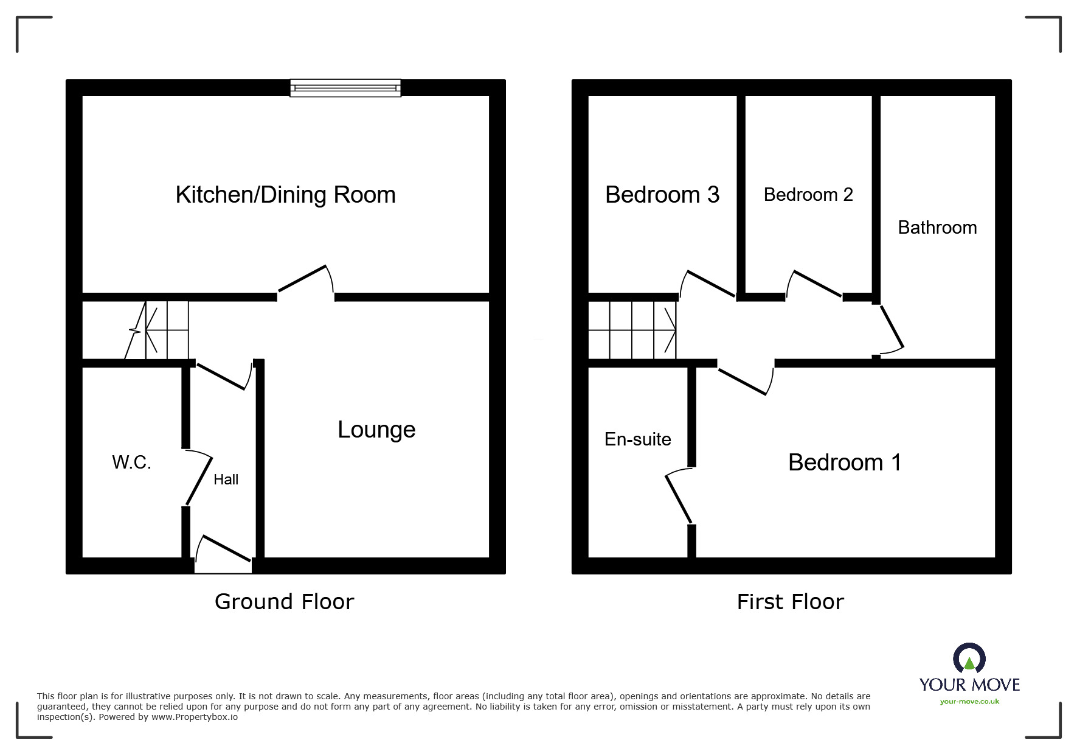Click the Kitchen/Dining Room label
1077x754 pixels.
click(x=285, y=195)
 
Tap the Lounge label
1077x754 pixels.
click(x=376, y=430)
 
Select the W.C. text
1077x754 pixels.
click(x=131, y=463)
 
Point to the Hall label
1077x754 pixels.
click(x=226, y=480)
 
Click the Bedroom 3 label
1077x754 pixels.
click(x=662, y=195)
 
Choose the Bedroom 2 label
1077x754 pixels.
click(x=808, y=195)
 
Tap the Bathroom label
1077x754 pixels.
click(x=937, y=228)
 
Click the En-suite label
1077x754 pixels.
click(x=637, y=439)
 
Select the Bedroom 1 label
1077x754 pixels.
click(x=845, y=463)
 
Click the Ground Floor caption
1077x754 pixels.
click(x=284, y=602)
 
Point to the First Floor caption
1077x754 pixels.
click(x=790, y=602)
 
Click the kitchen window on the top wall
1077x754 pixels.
click(x=345, y=88)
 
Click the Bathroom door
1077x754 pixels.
click(x=891, y=329)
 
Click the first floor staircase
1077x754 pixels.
click(x=632, y=330)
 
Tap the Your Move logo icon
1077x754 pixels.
click(x=969, y=660)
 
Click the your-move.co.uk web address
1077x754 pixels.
click(x=969, y=702)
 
